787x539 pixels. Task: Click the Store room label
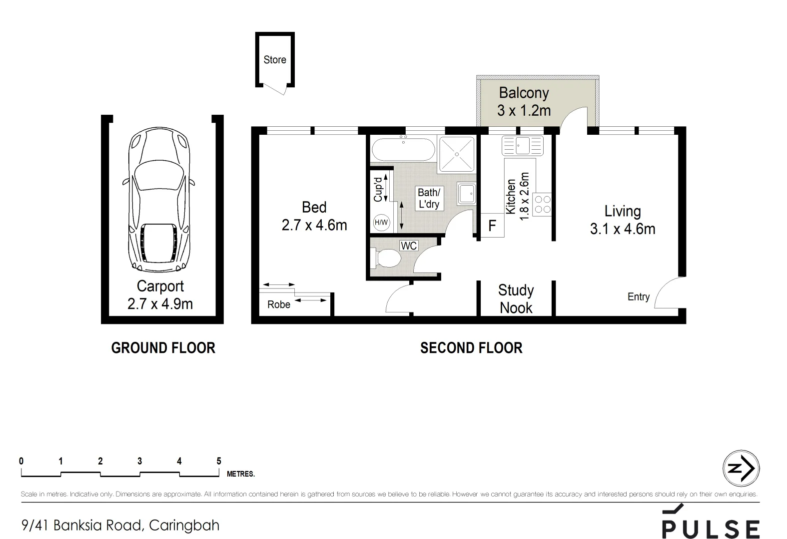tap(275, 60)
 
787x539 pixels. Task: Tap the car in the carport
tap(160, 200)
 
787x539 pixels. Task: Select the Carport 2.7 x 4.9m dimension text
tap(160, 304)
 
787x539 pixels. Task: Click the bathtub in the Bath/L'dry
tap(403, 149)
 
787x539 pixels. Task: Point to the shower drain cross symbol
tap(457, 154)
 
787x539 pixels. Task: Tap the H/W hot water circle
tap(381, 223)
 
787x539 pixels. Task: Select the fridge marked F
tap(492, 226)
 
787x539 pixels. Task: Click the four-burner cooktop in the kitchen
tap(542, 204)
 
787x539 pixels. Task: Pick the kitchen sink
tap(523, 146)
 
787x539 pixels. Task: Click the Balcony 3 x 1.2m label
tap(524, 101)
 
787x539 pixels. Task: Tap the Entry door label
tap(638, 297)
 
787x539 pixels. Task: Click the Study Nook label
tap(516, 299)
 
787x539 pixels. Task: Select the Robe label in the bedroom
tap(278, 305)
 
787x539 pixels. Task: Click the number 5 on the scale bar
tap(218, 461)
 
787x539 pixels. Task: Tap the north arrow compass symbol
tap(741, 468)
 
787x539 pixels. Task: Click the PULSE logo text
tap(711, 529)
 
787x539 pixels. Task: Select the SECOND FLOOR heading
tap(471, 348)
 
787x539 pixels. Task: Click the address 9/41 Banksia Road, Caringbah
tap(120, 525)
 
